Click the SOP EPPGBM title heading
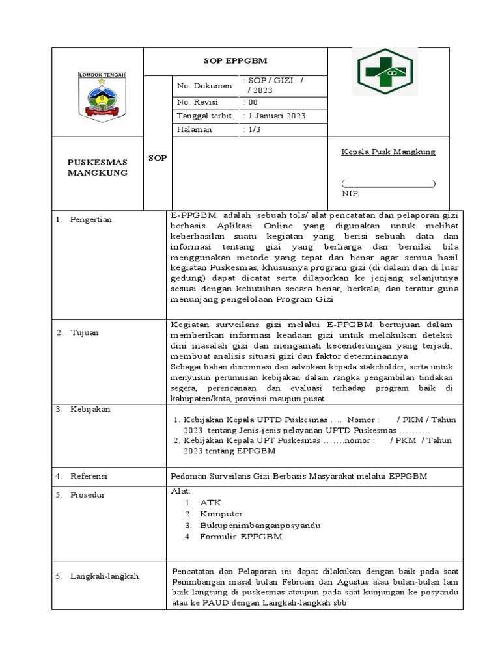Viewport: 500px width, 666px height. click(x=235, y=61)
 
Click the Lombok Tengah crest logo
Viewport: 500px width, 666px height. click(x=102, y=96)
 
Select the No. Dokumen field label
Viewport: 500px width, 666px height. click(x=204, y=85)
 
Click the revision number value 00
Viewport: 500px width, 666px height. click(x=250, y=102)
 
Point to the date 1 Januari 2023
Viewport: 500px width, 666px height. click(x=273, y=116)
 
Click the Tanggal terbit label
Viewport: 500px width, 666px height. click(x=204, y=116)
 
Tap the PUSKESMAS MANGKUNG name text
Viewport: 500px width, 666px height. click(x=98, y=167)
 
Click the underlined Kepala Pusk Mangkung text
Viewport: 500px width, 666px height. click(x=389, y=152)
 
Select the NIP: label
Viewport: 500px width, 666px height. click(x=351, y=193)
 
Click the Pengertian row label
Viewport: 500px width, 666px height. click(x=92, y=220)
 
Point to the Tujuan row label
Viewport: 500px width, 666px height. click(x=85, y=332)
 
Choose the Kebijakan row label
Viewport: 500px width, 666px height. click(x=90, y=409)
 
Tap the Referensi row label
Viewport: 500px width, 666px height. click(x=89, y=477)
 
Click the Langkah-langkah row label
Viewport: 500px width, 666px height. click(x=104, y=576)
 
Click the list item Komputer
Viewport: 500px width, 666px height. click(x=221, y=514)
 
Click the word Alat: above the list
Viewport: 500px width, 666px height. click(x=180, y=491)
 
